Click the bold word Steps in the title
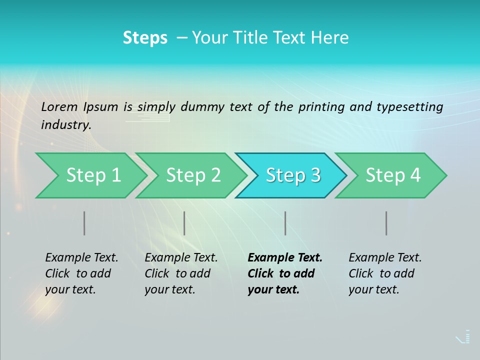pyautogui.click(x=145, y=38)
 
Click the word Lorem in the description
pyautogui.click(x=58, y=106)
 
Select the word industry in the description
pyautogui.click(x=66, y=125)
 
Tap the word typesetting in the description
pyautogui.click(x=409, y=107)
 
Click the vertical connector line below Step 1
pyautogui.click(x=84, y=223)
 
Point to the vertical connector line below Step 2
pyautogui.click(x=184, y=223)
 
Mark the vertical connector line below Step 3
pyautogui.click(x=285, y=223)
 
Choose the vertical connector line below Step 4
pyautogui.click(x=386, y=223)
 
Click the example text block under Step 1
pyautogui.click(x=81, y=273)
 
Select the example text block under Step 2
pyautogui.click(x=181, y=273)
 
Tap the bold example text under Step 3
pyautogui.click(x=285, y=273)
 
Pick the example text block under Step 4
pyautogui.click(x=385, y=273)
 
